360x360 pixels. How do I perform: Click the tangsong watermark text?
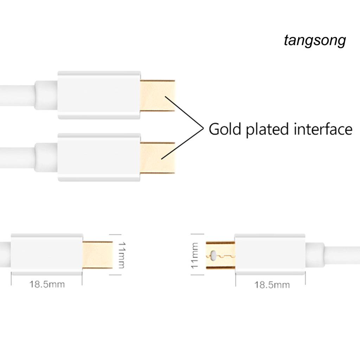point(315,41)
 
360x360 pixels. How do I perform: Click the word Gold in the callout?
point(225,129)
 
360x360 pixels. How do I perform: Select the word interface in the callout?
point(323,129)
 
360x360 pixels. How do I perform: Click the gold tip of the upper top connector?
point(157,96)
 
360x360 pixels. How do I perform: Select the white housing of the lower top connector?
point(99,157)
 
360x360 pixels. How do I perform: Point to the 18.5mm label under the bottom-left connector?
point(47,284)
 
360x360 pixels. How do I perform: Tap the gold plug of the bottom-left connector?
point(97,255)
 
